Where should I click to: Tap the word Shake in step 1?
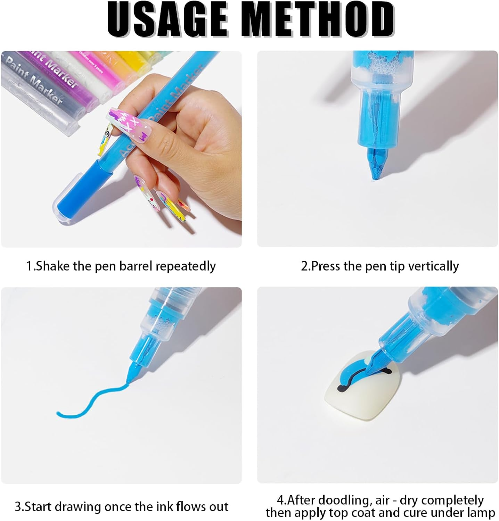point(54,266)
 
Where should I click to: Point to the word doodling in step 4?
point(344,500)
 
